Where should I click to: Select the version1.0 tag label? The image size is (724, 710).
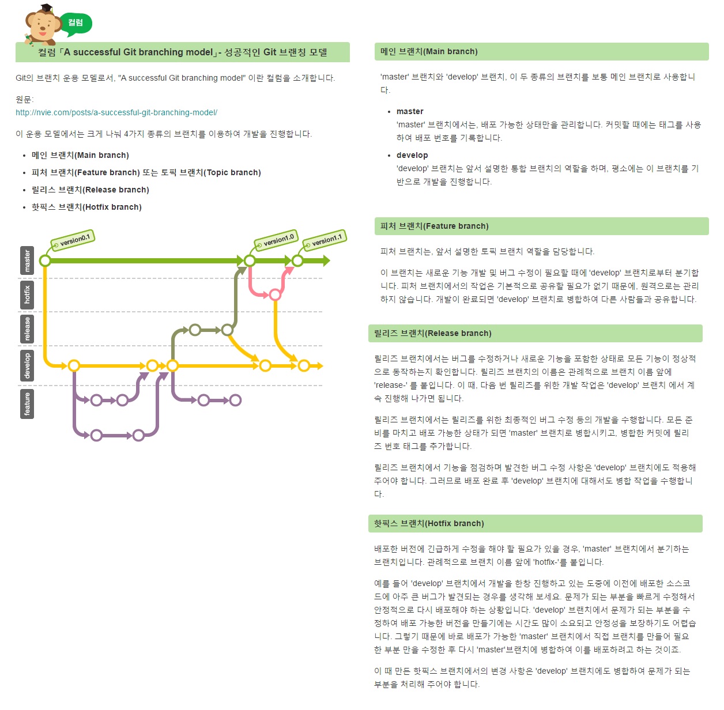coord(276,240)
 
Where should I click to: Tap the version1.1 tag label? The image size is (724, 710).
coord(325,240)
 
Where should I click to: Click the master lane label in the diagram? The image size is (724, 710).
coord(27,260)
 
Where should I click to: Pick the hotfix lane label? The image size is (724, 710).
coord(27,294)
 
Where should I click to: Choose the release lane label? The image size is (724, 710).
coord(27,328)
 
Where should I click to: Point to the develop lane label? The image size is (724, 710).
coord(27,365)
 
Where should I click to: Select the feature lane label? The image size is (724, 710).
coord(27,403)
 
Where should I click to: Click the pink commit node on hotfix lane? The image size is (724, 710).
coord(276,295)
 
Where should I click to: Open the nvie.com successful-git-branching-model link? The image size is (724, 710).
coord(116,112)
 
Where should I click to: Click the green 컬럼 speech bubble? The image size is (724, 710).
coord(76,22)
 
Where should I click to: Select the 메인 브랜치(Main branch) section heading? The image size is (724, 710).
coord(429,51)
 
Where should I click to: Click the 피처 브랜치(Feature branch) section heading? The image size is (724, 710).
coord(434,226)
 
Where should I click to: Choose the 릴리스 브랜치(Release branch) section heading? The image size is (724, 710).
coord(432,333)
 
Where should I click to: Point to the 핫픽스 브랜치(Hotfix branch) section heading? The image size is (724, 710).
coord(429,523)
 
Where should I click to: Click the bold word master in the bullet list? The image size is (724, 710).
coord(410,111)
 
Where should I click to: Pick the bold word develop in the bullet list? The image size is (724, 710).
coord(412,155)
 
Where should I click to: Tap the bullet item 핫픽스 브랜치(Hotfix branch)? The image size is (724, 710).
coord(86,207)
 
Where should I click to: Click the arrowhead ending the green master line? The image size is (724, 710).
coord(326,260)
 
